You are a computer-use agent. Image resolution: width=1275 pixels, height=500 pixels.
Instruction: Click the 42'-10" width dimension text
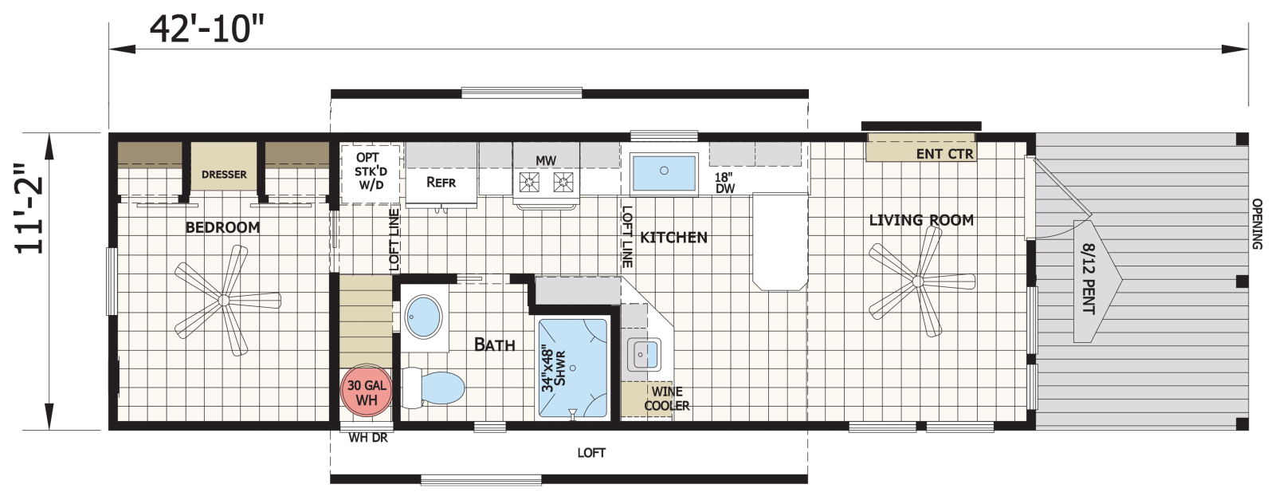point(206,30)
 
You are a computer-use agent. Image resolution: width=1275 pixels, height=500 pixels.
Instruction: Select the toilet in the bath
point(433,388)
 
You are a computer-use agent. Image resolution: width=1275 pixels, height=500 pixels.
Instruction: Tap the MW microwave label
point(545,161)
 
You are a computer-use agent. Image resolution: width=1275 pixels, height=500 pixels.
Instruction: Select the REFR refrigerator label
point(441,183)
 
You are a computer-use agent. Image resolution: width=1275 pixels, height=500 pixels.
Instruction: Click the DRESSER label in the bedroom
point(224,175)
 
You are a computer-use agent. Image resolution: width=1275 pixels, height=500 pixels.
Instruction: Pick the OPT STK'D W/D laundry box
point(371,174)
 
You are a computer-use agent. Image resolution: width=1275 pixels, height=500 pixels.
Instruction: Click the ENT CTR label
point(945,154)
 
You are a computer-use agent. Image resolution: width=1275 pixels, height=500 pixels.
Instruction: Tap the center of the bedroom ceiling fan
point(223,300)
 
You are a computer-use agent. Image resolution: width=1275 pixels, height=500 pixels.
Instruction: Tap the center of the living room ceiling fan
point(917,281)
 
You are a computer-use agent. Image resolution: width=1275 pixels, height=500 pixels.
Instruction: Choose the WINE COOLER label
point(666,399)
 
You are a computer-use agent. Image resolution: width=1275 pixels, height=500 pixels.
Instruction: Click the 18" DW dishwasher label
point(724,183)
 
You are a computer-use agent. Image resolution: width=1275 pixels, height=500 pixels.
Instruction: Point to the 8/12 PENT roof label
point(1089,278)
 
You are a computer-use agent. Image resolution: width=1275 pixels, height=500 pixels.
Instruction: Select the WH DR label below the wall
point(368,438)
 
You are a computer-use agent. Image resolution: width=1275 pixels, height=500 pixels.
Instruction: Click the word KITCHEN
point(674,238)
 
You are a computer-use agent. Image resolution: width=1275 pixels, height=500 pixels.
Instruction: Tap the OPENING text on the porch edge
point(1257,224)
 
